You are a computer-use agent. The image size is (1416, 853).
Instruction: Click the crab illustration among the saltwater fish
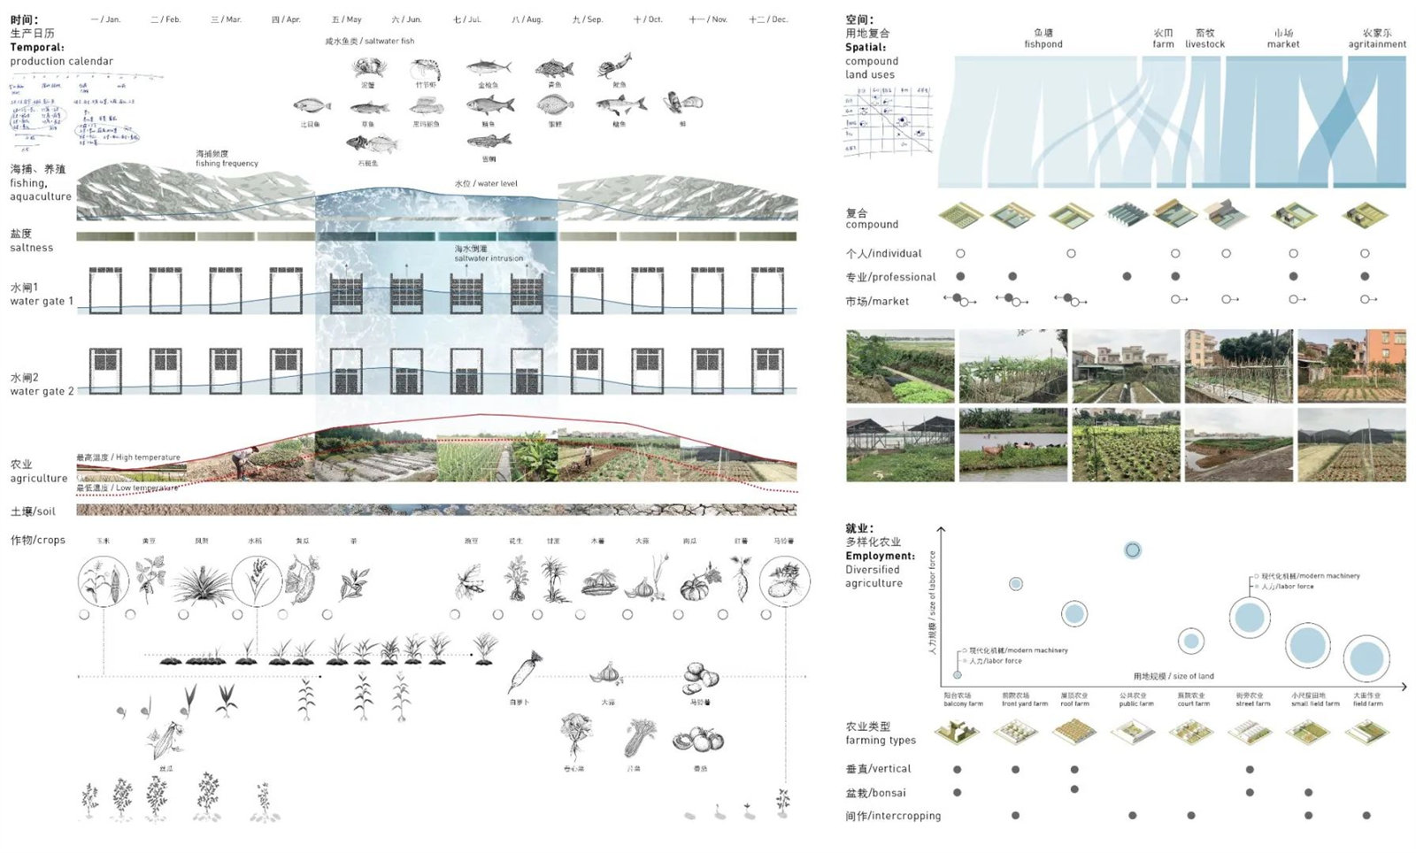(367, 68)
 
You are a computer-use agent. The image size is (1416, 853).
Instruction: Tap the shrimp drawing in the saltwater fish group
(427, 69)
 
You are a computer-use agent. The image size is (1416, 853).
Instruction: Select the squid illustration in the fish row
(616, 65)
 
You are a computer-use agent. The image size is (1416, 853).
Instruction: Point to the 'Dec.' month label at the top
(768, 19)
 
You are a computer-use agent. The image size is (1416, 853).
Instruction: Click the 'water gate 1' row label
(41, 295)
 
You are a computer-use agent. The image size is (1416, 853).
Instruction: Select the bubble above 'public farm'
(1132, 550)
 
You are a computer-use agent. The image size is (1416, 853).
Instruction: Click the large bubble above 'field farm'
(1366, 659)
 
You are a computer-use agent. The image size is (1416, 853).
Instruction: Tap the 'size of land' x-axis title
(1174, 676)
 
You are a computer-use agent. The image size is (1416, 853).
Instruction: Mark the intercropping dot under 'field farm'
(1366, 815)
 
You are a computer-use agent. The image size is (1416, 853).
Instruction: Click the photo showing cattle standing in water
(1012, 445)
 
